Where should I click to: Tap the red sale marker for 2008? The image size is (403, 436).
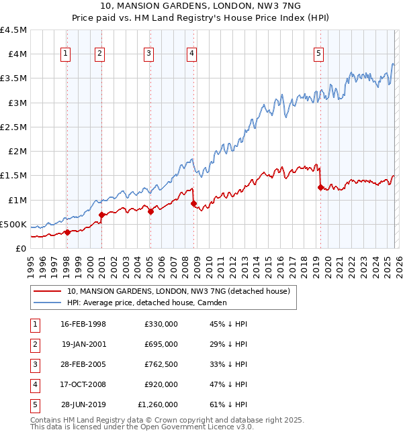(x=193, y=203)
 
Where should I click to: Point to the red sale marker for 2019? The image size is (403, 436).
(x=320, y=187)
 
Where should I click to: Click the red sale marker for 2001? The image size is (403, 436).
(x=101, y=215)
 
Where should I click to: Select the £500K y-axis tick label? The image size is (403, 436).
(x=13, y=224)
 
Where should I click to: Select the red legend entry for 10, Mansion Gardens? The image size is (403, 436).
(x=178, y=291)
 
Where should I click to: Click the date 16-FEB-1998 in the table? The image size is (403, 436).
(x=83, y=324)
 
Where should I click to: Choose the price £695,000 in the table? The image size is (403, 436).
(x=161, y=344)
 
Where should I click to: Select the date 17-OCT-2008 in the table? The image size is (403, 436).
(x=83, y=384)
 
